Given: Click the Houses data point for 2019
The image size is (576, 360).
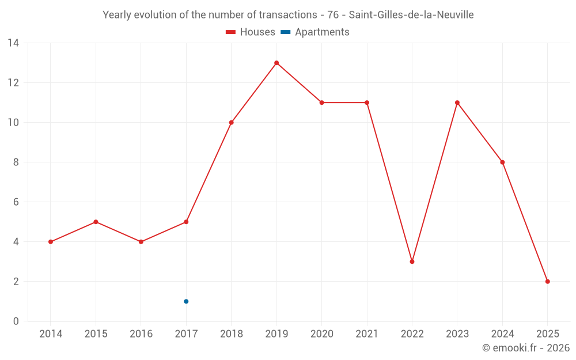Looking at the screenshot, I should click(x=276, y=63).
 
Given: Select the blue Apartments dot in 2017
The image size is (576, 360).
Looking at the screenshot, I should click(x=186, y=301).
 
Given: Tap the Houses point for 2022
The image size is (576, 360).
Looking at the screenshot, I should click(x=412, y=262).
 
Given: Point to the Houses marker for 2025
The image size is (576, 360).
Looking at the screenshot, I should click(x=547, y=282).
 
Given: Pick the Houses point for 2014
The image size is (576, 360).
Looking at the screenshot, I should click(x=51, y=242).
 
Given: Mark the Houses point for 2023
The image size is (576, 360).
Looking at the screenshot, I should click(x=457, y=103).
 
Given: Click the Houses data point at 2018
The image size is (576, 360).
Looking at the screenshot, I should click(x=231, y=122).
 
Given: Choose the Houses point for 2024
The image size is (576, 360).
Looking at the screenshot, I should click(x=502, y=162).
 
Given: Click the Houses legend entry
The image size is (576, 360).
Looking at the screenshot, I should click(x=251, y=32).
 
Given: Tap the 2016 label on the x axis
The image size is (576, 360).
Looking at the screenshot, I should click(x=141, y=334).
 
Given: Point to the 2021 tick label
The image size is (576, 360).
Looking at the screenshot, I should click(x=367, y=334).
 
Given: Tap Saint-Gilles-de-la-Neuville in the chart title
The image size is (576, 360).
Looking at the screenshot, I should click(x=411, y=15).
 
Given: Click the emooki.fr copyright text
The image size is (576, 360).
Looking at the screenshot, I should click(x=526, y=348).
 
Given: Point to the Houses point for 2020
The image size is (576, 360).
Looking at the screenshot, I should click(x=321, y=103).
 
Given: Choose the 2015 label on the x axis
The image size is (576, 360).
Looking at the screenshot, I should click(x=96, y=334).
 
